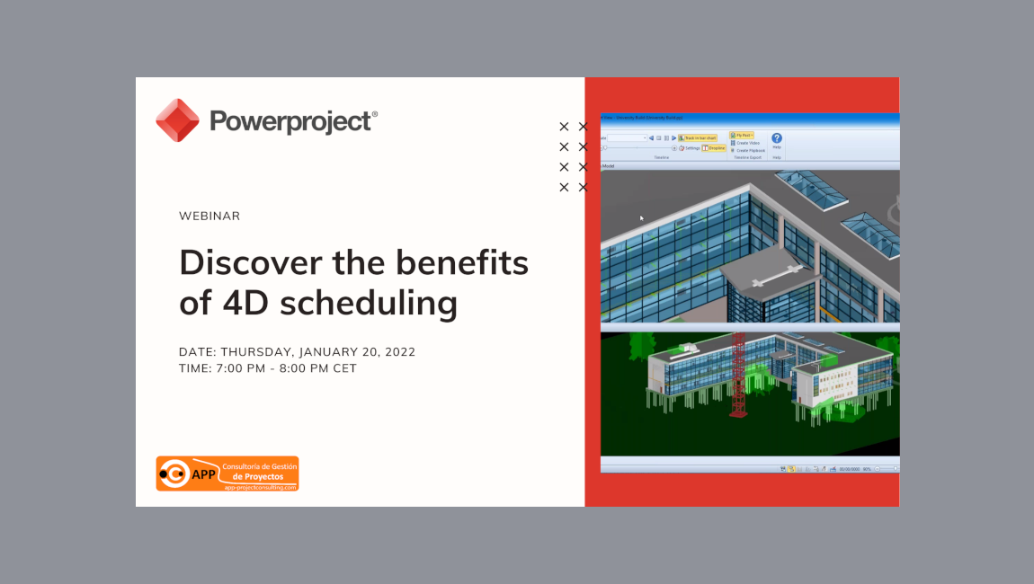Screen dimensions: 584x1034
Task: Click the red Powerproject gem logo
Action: (177, 120)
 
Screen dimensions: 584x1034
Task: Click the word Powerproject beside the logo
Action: (290, 121)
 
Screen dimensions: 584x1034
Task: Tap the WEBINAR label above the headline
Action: (209, 217)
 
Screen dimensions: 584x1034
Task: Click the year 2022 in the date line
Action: (397, 352)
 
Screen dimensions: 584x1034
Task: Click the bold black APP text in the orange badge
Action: (204, 474)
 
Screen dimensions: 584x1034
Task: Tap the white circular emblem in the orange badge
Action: (174, 473)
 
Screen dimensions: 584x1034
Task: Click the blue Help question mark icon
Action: (777, 138)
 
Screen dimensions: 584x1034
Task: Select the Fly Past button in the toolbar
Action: (742, 135)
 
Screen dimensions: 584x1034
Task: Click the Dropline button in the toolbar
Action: (714, 147)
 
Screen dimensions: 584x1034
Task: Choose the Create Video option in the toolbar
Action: (747, 143)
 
